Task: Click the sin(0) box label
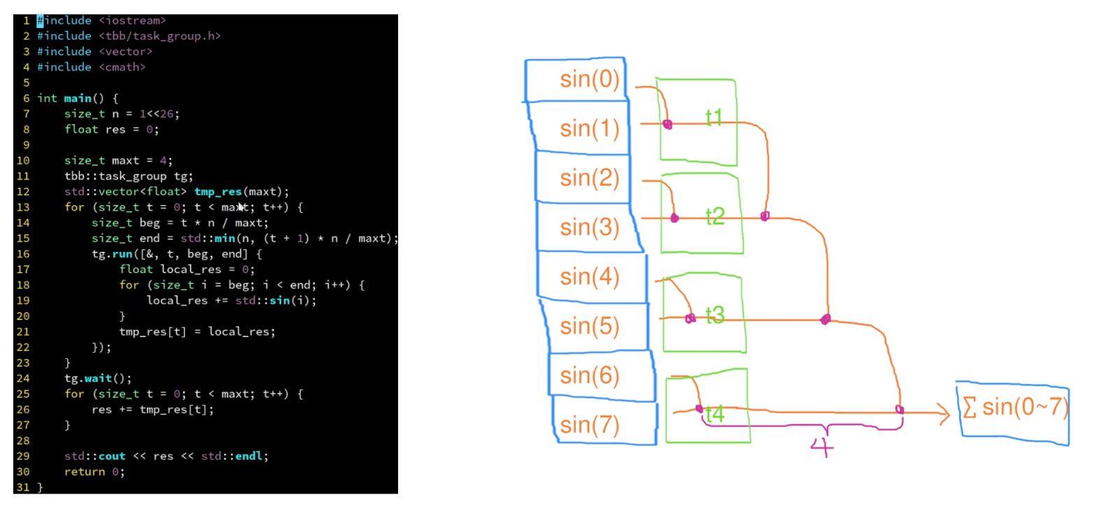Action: (x=589, y=80)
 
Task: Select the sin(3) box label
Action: (x=589, y=227)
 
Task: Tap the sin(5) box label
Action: (x=589, y=326)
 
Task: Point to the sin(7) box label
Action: (x=589, y=425)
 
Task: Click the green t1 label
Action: (x=714, y=118)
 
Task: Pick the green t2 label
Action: (x=715, y=216)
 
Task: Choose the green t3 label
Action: (x=715, y=316)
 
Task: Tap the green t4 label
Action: (x=715, y=414)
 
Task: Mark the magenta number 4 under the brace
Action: (x=822, y=447)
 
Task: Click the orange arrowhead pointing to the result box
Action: (x=944, y=414)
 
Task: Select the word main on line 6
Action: (x=78, y=98)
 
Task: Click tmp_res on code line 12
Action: (x=218, y=192)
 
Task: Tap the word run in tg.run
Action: (x=122, y=254)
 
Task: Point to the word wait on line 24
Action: (x=98, y=379)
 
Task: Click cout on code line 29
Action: (x=112, y=456)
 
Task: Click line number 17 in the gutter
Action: (x=23, y=269)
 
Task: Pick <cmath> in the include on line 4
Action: (x=122, y=67)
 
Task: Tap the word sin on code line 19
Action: (x=280, y=300)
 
